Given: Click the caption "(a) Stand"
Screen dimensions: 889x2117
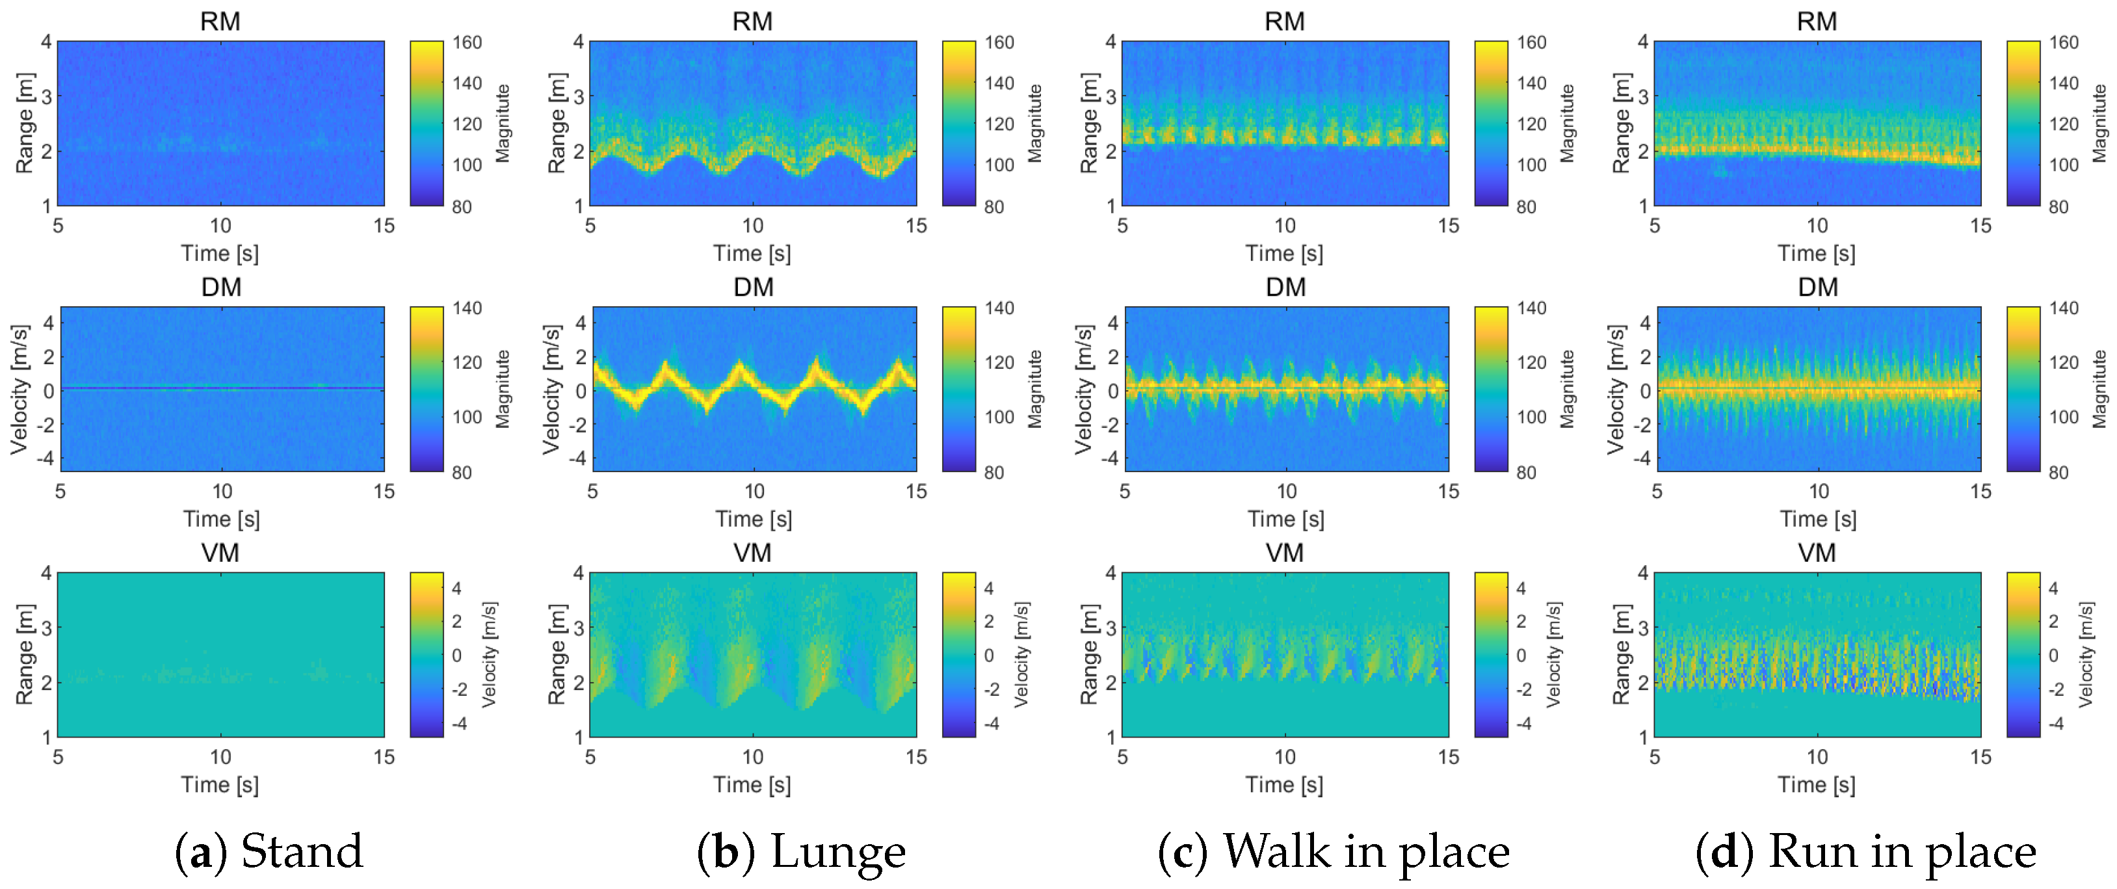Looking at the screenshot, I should click(269, 851).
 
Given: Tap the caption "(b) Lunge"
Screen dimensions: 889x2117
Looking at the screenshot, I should click(801, 851).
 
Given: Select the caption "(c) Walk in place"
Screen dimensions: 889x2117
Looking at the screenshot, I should click(1333, 851).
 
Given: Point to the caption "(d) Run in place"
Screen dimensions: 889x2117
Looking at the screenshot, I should click(1865, 851).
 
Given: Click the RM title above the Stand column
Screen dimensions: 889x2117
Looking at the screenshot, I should click(220, 21).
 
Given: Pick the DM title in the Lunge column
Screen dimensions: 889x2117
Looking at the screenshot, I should click(753, 287).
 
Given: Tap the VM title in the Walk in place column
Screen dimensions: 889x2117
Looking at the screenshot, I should click(1285, 553).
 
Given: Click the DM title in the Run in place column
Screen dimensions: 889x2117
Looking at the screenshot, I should click(1818, 287).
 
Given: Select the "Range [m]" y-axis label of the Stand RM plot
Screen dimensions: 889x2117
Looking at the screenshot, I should click(24, 124).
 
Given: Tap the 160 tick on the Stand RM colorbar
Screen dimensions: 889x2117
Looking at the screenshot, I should click(467, 43).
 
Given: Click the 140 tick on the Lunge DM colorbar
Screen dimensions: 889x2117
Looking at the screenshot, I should click(999, 309).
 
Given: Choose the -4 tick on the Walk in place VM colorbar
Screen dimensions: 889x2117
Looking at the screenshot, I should click(1523, 724).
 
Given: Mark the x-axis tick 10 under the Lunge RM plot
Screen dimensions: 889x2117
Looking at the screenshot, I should click(753, 226).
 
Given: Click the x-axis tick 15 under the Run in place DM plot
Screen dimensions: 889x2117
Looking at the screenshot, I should click(1980, 492).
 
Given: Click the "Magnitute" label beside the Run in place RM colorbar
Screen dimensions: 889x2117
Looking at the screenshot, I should click(2099, 124).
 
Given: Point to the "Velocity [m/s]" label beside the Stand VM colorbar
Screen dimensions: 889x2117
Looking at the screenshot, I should click(490, 655).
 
